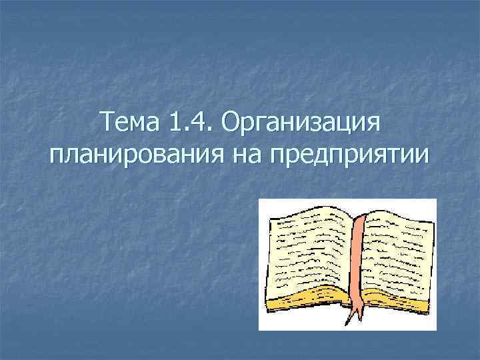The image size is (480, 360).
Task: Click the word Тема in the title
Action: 129,123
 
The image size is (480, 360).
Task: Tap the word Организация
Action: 301,125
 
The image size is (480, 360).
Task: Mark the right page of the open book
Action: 400,247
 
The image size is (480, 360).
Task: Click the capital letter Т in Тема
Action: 105,123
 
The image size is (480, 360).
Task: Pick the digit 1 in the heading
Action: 177,123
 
